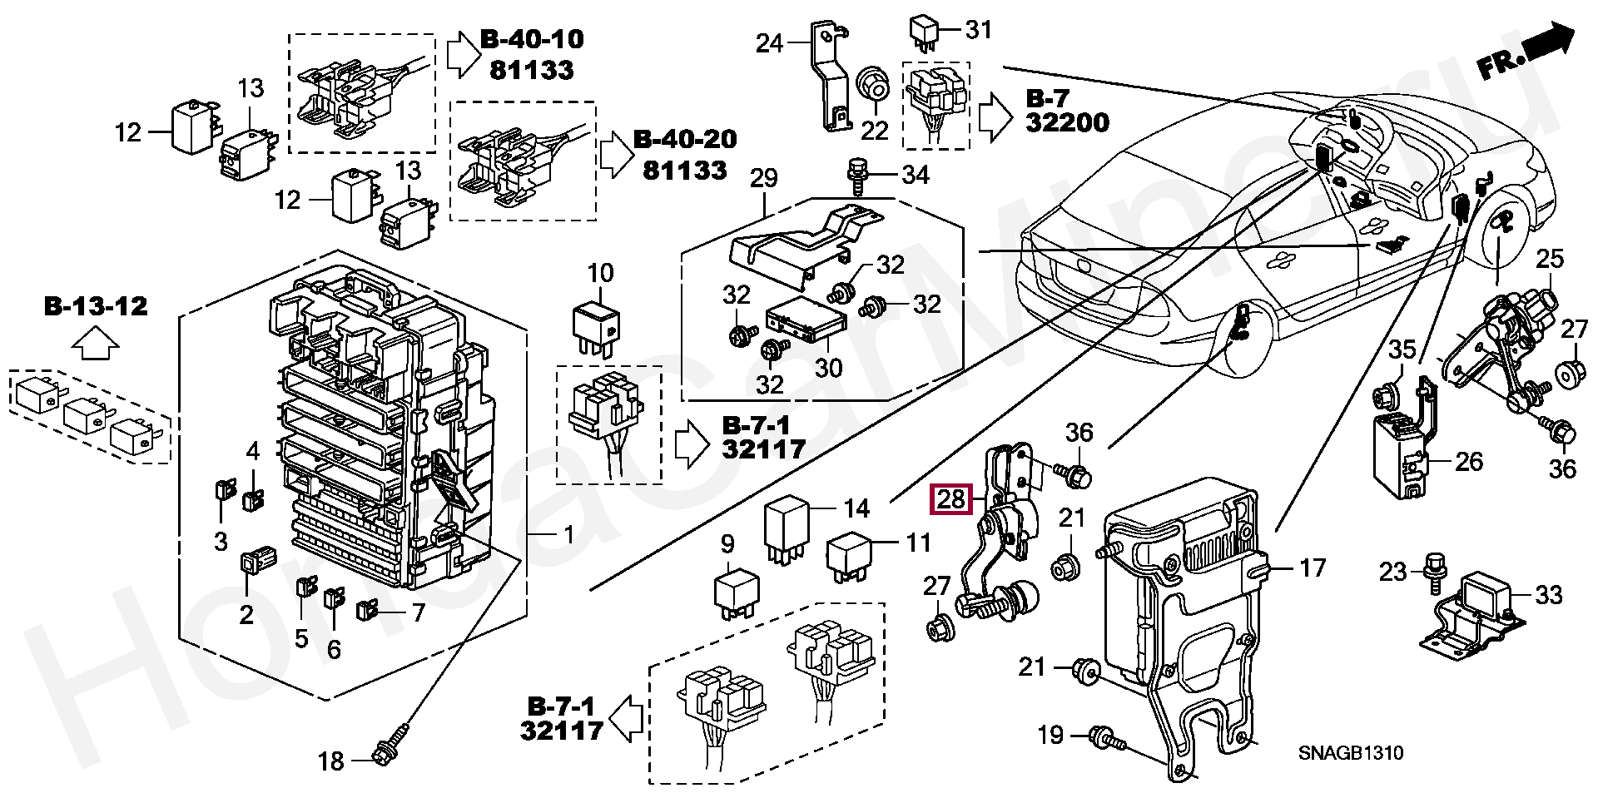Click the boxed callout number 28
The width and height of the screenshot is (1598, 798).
(951, 499)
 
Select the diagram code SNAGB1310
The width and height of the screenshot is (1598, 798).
(1350, 753)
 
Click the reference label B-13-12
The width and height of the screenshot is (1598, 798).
(96, 306)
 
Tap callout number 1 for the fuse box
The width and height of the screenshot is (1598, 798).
(568, 534)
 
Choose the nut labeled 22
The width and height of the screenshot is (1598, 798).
(872, 83)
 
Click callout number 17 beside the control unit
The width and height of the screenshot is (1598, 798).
(1312, 568)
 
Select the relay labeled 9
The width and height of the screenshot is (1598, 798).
(736, 592)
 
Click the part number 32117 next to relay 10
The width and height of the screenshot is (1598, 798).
(763, 449)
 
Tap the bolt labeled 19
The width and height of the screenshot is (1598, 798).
(1105, 737)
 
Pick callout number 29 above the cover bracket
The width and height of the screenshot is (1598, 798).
(763, 177)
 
